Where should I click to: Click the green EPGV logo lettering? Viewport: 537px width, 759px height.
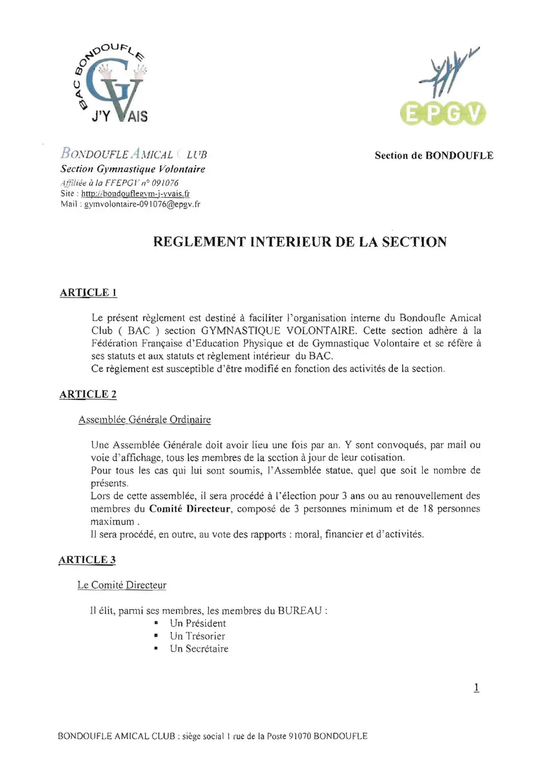(443, 113)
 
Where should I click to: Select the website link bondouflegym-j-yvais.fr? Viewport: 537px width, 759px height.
(135, 194)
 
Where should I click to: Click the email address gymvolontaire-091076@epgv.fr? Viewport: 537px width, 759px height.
(142, 204)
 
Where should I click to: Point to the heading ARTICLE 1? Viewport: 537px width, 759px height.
(88, 292)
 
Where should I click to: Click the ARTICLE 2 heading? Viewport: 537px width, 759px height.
(88, 394)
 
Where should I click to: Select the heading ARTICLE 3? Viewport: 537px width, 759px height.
(87, 560)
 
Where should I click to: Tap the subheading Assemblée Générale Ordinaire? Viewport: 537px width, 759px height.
(145, 420)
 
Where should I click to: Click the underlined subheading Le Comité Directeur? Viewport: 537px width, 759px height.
(122, 585)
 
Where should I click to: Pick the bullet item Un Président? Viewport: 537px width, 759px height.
(198, 623)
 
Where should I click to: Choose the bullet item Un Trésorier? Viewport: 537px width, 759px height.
(197, 636)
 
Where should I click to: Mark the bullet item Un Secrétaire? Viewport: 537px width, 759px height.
(199, 648)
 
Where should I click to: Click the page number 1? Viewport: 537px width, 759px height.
(476, 687)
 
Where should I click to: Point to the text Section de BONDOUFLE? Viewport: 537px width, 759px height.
(434, 156)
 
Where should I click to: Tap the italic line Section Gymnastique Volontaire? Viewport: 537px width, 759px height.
(133, 169)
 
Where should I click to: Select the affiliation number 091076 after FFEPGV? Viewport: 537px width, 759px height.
(165, 182)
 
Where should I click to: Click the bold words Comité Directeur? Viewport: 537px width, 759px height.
(189, 508)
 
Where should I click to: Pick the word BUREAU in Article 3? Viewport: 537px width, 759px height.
(300, 611)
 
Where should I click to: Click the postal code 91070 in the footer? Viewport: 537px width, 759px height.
(299, 736)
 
